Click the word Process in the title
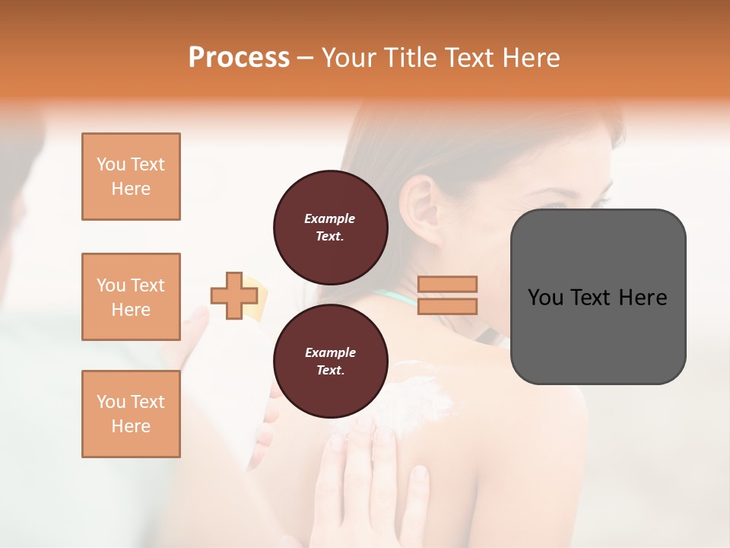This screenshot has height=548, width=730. pos(239,58)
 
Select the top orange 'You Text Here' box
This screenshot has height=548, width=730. pos(131,177)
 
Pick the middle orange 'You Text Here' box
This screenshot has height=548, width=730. pos(131,297)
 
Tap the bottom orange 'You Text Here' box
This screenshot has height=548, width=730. pos(131,413)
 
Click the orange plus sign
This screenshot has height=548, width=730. pos(233,296)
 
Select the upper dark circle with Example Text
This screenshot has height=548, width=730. pos(330,227)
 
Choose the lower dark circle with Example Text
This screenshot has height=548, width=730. pos(330,362)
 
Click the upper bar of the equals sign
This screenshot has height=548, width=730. pos(447,284)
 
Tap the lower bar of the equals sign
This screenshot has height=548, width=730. pos(447,306)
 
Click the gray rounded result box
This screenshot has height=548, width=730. pos(598,296)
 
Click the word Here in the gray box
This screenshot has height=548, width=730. pos(643,298)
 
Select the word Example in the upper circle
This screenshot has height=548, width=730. pos(330,218)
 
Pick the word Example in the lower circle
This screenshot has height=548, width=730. pos(330,352)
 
